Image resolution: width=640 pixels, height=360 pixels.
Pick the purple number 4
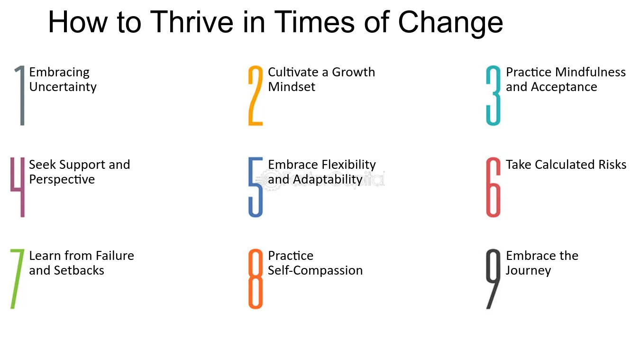pyautogui.click(x=22, y=187)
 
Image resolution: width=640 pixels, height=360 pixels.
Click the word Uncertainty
pyautogui.click(x=63, y=87)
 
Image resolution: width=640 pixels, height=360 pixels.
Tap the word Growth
pyautogui.click(x=354, y=72)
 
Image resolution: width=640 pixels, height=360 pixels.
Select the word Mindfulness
pyautogui.click(x=590, y=72)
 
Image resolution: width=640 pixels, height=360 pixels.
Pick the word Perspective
pyautogui.click(x=62, y=180)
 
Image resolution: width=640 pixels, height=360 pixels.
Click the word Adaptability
pyautogui.click(x=328, y=180)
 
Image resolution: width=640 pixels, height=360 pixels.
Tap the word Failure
pyautogui.click(x=115, y=256)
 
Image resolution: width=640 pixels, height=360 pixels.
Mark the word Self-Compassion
pyautogui.click(x=315, y=270)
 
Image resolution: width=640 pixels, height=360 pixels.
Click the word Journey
pyautogui.click(x=528, y=271)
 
